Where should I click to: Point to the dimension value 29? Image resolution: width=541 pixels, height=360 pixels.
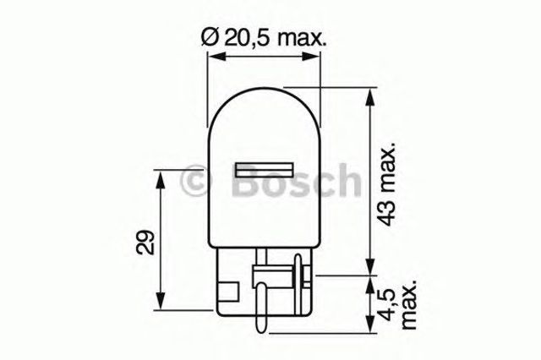[145, 243]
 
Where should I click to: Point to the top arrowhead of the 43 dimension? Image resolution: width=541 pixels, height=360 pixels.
[368, 93]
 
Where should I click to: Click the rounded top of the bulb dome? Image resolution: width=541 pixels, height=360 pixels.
[264, 89]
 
